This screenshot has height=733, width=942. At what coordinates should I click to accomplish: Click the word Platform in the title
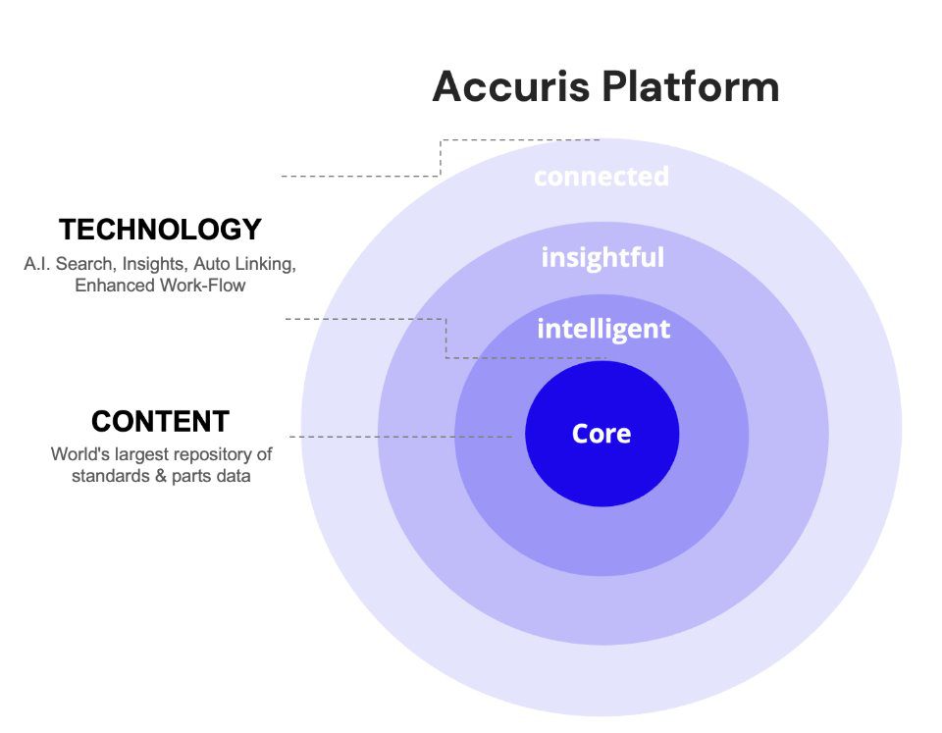click(691, 86)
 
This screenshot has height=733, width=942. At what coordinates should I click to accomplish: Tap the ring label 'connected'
click(602, 177)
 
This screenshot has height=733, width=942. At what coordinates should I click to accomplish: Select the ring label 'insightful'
click(602, 258)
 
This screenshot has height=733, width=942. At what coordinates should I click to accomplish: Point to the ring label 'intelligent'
click(603, 329)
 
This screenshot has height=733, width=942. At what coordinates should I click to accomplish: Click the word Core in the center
click(602, 434)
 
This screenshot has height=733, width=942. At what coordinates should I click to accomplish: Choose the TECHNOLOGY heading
click(160, 230)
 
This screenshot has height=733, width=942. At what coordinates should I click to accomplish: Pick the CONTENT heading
click(160, 422)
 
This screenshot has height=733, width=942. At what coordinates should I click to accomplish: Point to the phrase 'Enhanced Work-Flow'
click(160, 286)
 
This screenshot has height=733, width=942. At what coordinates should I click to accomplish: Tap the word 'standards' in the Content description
click(107, 477)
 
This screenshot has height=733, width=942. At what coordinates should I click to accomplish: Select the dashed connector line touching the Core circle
click(402, 436)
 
